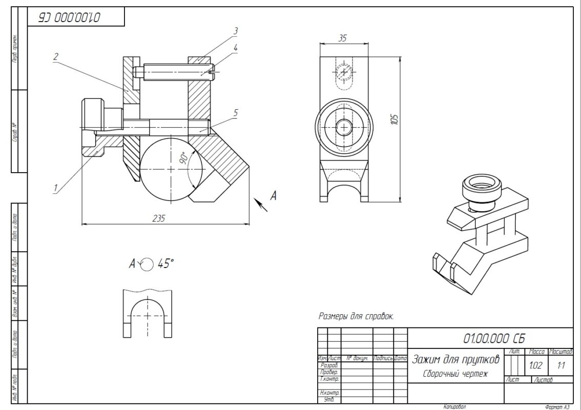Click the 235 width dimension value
pyautogui.click(x=159, y=218)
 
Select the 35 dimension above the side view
pyautogui.click(x=343, y=37)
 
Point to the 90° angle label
pyautogui.click(x=183, y=157)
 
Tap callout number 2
pyautogui.click(x=55, y=57)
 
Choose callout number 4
pyautogui.click(x=235, y=48)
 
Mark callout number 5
pyautogui.click(x=235, y=113)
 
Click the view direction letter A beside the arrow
pyautogui.click(x=274, y=195)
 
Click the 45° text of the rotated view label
pyautogui.click(x=165, y=263)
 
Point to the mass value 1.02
pyautogui.click(x=536, y=366)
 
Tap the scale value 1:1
pyautogui.click(x=561, y=366)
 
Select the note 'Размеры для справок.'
pyautogui.click(x=356, y=316)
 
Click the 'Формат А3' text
pyautogui.click(x=557, y=407)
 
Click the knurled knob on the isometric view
pyautogui.click(x=480, y=190)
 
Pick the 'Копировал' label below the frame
pyautogui.click(x=455, y=407)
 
